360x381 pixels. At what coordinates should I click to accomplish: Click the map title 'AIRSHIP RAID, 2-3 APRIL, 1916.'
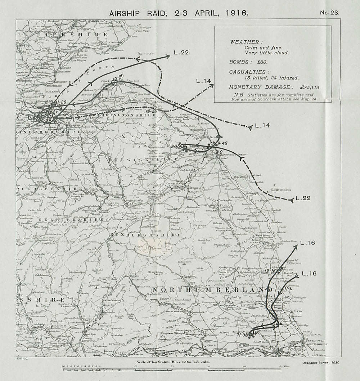179,12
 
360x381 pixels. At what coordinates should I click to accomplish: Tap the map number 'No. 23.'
329,13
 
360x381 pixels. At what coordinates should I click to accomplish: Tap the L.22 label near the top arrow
181,53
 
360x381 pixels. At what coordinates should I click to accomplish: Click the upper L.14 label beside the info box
203,81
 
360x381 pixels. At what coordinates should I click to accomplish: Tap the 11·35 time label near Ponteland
244,335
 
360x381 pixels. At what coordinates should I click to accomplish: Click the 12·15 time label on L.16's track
269,271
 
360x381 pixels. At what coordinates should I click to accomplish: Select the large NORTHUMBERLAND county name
212,290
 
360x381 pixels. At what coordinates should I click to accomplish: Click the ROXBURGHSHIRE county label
145,234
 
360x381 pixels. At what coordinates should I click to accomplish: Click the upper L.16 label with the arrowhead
307,243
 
